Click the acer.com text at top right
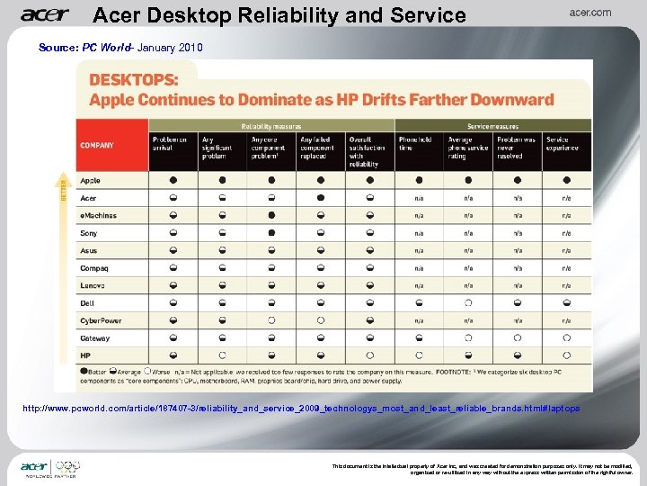(590, 13)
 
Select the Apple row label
(91, 181)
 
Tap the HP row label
(85, 355)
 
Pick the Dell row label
(87, 303)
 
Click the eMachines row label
(98, 216)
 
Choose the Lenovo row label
(93, 285)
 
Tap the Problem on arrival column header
(172, 145)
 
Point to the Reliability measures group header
(270, 126)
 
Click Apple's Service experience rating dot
(566, 181)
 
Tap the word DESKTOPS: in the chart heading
(132, 81)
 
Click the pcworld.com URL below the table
(301, 409)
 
